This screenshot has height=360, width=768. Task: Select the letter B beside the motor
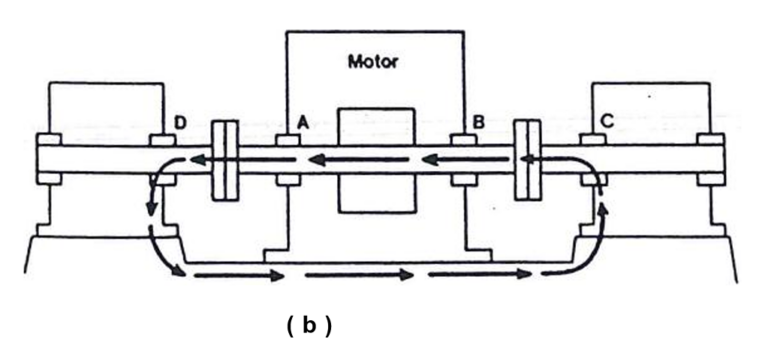coord(479,122)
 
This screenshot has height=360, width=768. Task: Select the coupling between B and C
coord(526,161)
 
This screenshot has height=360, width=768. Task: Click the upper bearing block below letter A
coord(288,139)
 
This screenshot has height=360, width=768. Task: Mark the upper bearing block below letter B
coord(462,139)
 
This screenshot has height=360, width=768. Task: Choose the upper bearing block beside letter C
coord(590,139)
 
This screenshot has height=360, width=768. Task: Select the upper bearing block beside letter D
coord(162,139)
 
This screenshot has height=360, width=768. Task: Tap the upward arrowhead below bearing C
coord(603,206)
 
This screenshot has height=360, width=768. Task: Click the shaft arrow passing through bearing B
coord(462,159)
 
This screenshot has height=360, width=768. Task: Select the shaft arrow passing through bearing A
coord(290,159)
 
